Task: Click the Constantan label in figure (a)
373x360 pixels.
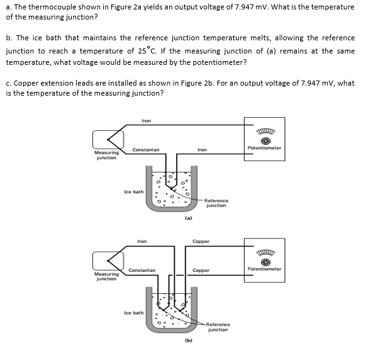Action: [x=145, y=149]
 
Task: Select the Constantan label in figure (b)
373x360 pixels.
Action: [x=142, y=270]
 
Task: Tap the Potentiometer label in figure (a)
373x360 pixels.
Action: [x=264, y=148]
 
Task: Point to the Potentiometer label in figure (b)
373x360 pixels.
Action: [x=264, y=269]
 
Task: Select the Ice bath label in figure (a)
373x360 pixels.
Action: [x=133, y=191]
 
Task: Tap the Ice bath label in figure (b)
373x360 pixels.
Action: [x=133, y=312]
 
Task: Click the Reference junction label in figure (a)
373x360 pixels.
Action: [x=216, y=203]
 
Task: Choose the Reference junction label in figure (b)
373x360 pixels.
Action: [x=218, y=327]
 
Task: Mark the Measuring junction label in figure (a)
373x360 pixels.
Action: [x=106, y=155]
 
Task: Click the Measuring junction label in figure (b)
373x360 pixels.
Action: [x=106, y=276]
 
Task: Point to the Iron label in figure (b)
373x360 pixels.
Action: [x=142, y=241]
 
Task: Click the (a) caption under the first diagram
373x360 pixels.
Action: [x=188, y=218]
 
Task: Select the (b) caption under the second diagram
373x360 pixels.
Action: [x=188, y=340]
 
